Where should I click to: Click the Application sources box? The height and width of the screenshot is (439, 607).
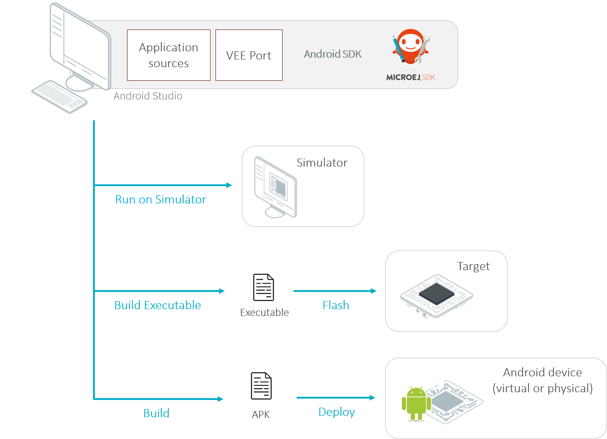[168, 55]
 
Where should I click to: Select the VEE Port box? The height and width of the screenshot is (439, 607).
[249, 55]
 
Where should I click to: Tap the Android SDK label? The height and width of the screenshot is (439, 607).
[333, 54]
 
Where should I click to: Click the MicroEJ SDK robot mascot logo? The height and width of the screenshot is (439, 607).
[411, 47]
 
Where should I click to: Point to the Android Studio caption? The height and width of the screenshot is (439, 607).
[148, 96]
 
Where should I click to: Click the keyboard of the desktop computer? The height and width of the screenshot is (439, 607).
[59, 96]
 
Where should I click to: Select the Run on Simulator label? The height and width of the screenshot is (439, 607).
[161, 199]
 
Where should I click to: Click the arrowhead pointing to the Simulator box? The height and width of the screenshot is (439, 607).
[229, 185]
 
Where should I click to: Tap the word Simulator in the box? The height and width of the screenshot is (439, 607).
[322, 163]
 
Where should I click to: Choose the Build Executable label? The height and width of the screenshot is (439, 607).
[157, 305]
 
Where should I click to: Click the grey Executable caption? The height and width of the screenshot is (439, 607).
[264, 312]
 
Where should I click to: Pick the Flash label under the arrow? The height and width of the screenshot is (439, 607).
[336, 305]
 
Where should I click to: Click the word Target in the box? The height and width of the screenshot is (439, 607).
[473, 266]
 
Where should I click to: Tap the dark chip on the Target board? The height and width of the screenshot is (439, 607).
[436, 293]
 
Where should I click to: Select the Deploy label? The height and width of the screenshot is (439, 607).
[337, 412]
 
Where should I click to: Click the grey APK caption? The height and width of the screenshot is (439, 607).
[260, 414]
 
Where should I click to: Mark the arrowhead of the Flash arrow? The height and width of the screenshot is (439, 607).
[374, 291]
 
